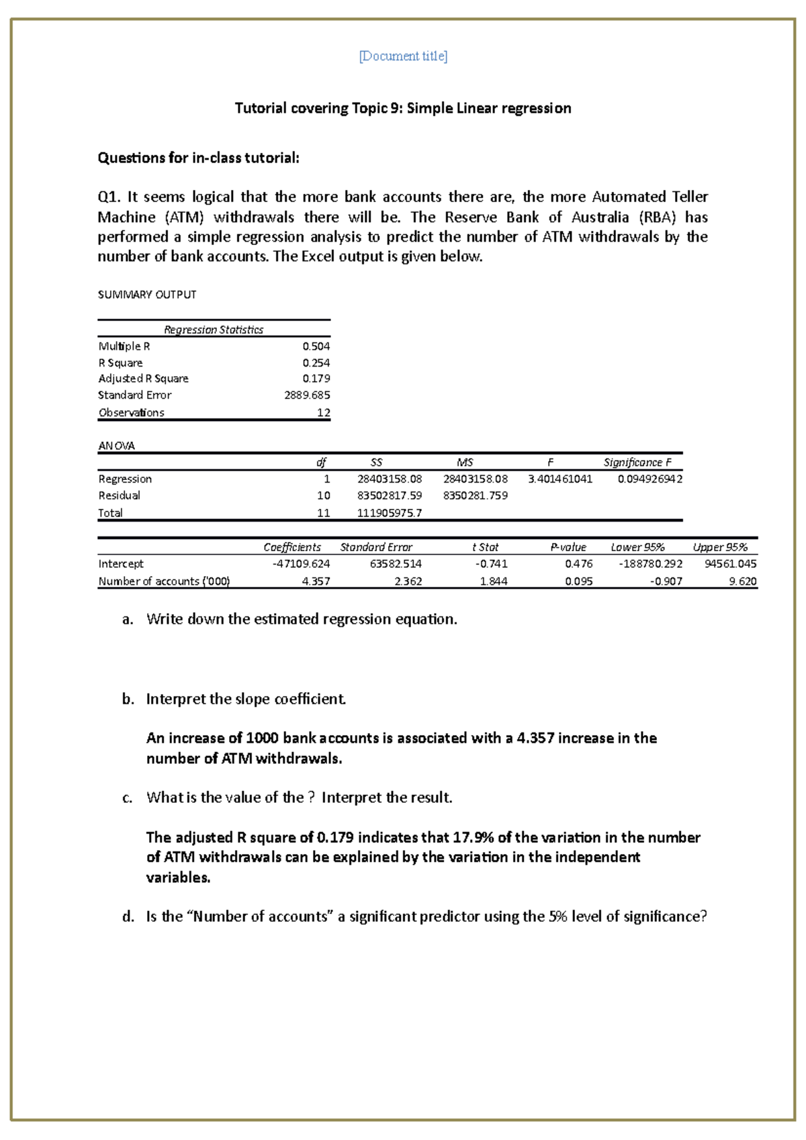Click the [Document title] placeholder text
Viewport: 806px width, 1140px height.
(403, 56)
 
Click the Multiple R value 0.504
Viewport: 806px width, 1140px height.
(316, 346)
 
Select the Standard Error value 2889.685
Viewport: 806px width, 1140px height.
(307, 395)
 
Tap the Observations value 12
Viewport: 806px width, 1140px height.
(323, 413)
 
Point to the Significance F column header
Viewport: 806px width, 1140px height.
(637, 463)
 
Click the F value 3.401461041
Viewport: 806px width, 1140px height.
(560, 479)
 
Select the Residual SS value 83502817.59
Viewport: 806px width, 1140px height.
(390, 495)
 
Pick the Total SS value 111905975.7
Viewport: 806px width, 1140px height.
(390, 513)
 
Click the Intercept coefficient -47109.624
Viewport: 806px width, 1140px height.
(301, 564)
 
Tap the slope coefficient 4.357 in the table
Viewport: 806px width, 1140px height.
(316, 581)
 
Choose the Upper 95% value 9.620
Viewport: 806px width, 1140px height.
(742, 581)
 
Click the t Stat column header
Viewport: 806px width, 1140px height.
(485, 547)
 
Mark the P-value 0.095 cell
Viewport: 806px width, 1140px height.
(578, 581)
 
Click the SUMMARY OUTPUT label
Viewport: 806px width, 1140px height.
(147, 295)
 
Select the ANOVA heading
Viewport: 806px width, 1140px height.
(116, 446)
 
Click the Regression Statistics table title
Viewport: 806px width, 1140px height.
(214, 330)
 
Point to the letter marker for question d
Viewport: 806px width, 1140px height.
(128, 917)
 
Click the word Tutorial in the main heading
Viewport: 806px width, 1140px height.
(260, 108)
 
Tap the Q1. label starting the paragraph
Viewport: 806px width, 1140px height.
(109, 197)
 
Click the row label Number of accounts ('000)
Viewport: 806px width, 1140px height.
(164, 581)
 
